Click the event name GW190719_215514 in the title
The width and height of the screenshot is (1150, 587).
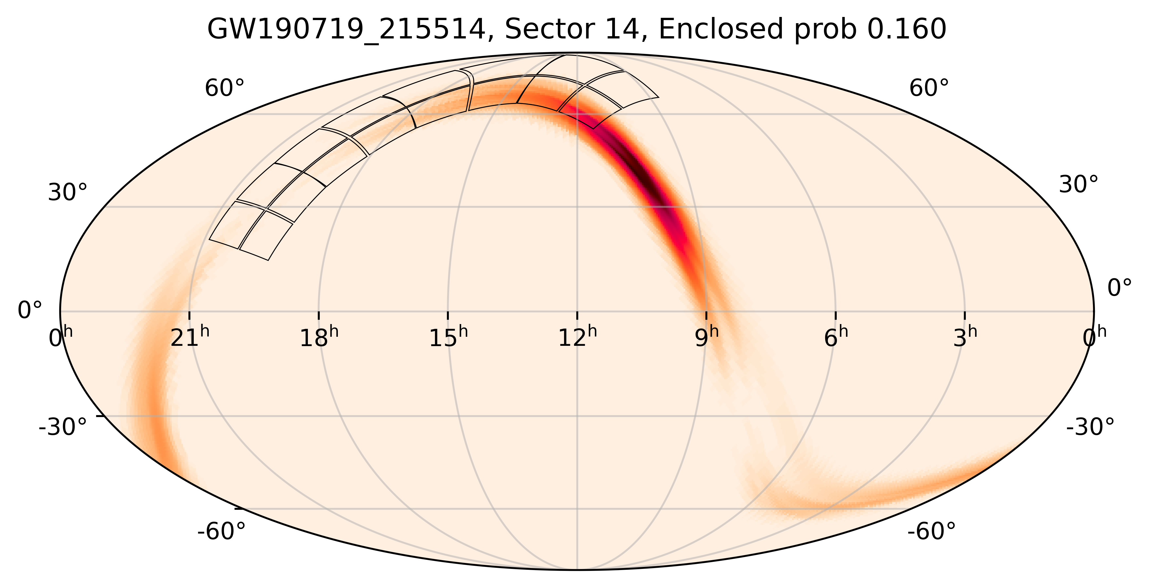[346, 30]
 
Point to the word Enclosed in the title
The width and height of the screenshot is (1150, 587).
[721, 30]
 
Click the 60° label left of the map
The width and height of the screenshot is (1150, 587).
[225, 88]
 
